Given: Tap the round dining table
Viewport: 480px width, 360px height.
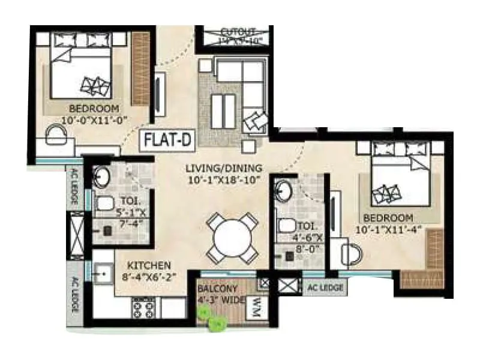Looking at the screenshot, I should [232, 238].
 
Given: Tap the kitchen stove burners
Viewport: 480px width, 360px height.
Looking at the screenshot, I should [143, 306].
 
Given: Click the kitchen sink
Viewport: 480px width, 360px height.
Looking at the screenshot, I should [101, 274].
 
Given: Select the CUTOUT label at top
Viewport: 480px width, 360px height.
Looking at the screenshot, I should [238, 31].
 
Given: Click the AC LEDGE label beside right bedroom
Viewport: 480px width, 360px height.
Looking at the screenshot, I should [325, 288].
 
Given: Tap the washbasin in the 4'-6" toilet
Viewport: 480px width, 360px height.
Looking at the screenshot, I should [282, 191].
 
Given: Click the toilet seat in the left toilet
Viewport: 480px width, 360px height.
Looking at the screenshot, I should [104, 203].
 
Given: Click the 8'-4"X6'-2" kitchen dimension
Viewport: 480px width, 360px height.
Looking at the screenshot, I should [148, 277].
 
